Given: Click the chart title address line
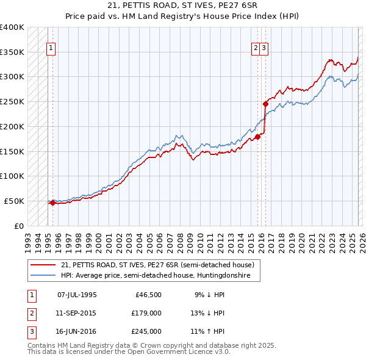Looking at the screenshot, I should pos(183,5).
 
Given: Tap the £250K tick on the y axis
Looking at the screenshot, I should pos(12,101).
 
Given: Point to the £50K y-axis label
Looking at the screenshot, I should pos(14,201).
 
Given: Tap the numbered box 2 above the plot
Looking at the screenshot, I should pos(255,50).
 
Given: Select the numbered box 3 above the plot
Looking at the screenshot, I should pos(264,50).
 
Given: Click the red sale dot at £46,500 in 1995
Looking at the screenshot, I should pos(53,203).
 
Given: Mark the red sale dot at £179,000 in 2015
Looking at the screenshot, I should pos(257,137).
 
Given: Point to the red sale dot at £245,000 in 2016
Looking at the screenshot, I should pos(265,104).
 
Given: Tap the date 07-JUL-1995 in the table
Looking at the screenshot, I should pos(77,295).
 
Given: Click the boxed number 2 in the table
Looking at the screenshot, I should pos(30,313).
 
